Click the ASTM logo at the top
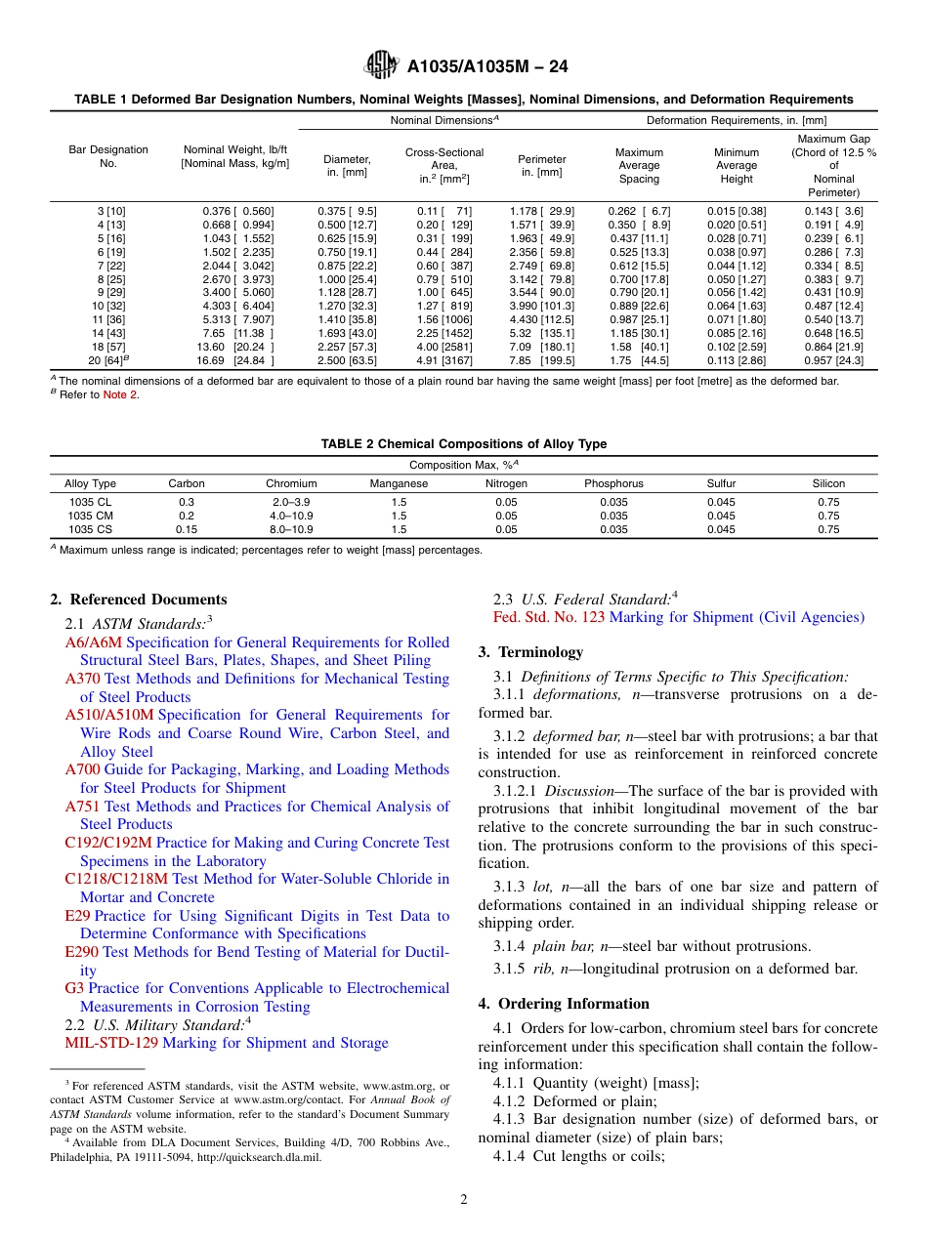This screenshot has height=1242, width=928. coord(381,65)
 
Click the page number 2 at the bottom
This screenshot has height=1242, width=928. coord(464,1199)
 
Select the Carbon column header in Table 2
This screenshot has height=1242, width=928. coord(187,483)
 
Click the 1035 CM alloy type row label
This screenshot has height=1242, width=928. coord(90,516)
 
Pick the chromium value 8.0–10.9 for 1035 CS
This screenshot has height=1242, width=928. coord(291,529)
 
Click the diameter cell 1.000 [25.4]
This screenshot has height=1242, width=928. coord(347,279)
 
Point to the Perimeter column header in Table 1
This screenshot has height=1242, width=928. coord(542,166)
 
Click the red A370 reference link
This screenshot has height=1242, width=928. coord(82,679)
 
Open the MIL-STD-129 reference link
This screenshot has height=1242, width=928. coord(110,1043)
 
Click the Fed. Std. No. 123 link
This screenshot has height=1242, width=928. coord(549,617)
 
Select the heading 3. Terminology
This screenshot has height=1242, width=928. coord(530,652)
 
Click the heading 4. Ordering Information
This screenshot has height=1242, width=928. coord(564,1004)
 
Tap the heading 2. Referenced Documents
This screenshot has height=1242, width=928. coord(138,600)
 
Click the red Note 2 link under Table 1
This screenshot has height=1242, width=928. coord(120,394)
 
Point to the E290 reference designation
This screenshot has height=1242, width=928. coord(81,952)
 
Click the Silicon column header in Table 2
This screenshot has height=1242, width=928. coord(828,483)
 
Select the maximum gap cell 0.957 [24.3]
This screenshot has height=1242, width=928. coord(833,360)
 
